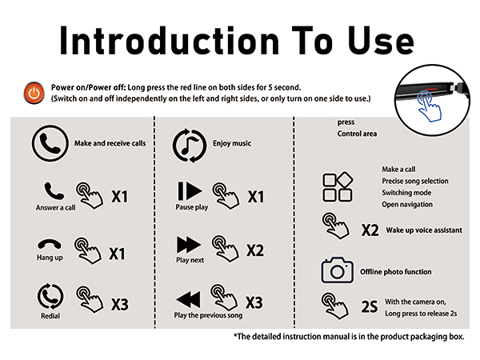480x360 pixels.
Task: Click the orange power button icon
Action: coord(33,93)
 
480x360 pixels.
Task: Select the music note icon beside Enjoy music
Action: coord(189,144)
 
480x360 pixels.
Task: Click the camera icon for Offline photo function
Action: coord(337,271)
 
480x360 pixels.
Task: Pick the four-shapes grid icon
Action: coord(337,186)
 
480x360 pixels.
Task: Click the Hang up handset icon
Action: coord(49,244)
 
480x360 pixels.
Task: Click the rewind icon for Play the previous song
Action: coord(189,299)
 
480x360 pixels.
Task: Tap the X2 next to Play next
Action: coord(254,250)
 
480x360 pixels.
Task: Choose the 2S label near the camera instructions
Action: coord(369,306)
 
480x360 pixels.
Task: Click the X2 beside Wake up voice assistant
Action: coord(369,230)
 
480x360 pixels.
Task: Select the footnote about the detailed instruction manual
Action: coord(348,337)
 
